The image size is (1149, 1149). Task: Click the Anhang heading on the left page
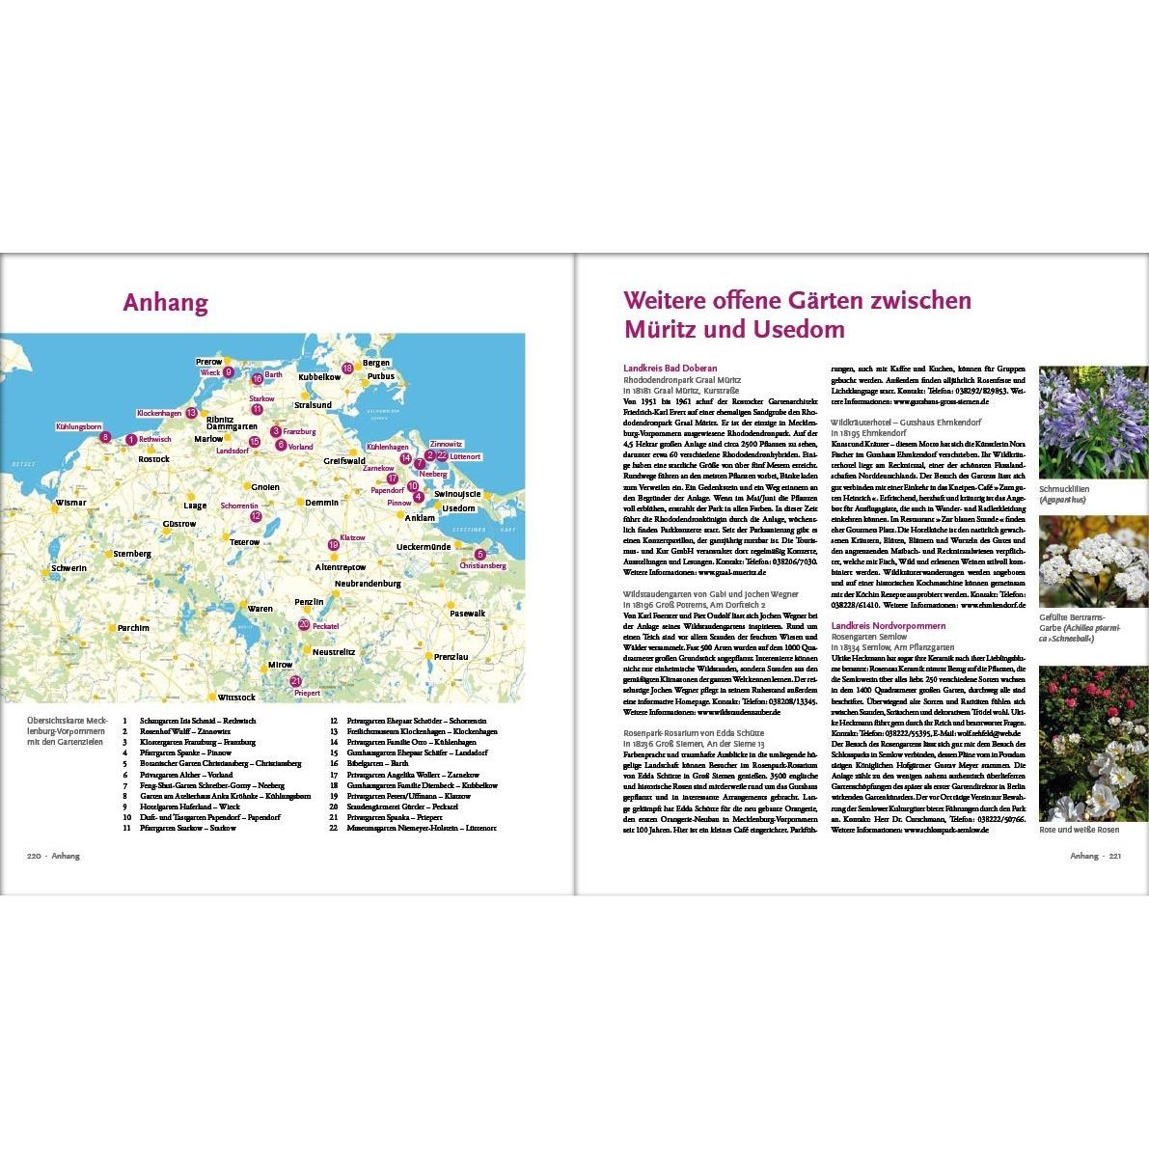point(165,303)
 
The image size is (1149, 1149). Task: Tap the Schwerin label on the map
point(68,568)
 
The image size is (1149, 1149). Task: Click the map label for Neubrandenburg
point(368,584)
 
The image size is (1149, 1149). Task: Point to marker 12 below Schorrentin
point(256,516)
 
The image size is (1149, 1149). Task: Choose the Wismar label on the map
point(70,503)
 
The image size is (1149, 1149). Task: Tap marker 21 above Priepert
point(296,681)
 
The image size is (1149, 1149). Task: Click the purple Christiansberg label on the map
point(483,565)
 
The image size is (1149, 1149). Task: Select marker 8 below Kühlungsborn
point(105,437)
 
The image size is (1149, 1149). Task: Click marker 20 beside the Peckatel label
point(304,625)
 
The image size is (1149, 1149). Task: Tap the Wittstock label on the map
point(236,697)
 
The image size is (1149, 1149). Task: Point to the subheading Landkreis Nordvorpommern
point(881,626)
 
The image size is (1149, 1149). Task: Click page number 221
point(1114,856)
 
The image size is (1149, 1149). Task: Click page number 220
point(34,856)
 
